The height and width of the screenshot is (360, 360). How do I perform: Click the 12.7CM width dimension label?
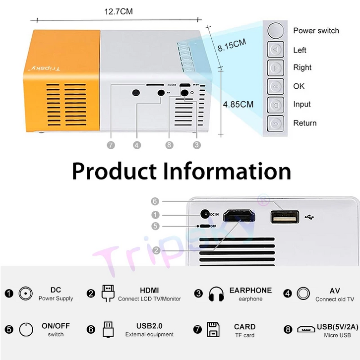(119, 11)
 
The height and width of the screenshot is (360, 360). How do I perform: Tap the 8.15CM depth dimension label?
(232, 45)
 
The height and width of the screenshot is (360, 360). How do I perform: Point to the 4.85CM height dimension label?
(238, 105)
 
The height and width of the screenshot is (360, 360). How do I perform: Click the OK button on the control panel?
(276, 86)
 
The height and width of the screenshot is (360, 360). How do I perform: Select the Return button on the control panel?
(276, 123)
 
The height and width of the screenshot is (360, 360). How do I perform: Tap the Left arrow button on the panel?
(276, 50)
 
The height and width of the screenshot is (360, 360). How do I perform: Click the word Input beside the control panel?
(301, 105)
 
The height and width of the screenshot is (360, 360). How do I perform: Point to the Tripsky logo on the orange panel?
(44, 68)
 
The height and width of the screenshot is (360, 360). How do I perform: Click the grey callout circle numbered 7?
(111, 145)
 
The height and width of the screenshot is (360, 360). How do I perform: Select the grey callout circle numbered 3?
(196, 145)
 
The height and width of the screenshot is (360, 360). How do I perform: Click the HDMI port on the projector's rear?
(239, 216)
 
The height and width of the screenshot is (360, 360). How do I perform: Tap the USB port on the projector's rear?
(285, 217)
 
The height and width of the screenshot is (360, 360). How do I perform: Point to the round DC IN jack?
(205, 214)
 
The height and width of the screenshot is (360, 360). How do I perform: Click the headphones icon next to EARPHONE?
(216, 294)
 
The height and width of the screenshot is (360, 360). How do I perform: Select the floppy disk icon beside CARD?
(213, 329)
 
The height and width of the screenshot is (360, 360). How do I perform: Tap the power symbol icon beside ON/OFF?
(26, 329)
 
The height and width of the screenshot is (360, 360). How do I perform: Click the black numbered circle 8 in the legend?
(288, 329)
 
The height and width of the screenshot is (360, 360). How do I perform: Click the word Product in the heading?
(115, 171)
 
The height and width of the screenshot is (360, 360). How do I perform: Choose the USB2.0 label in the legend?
(149, 326)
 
